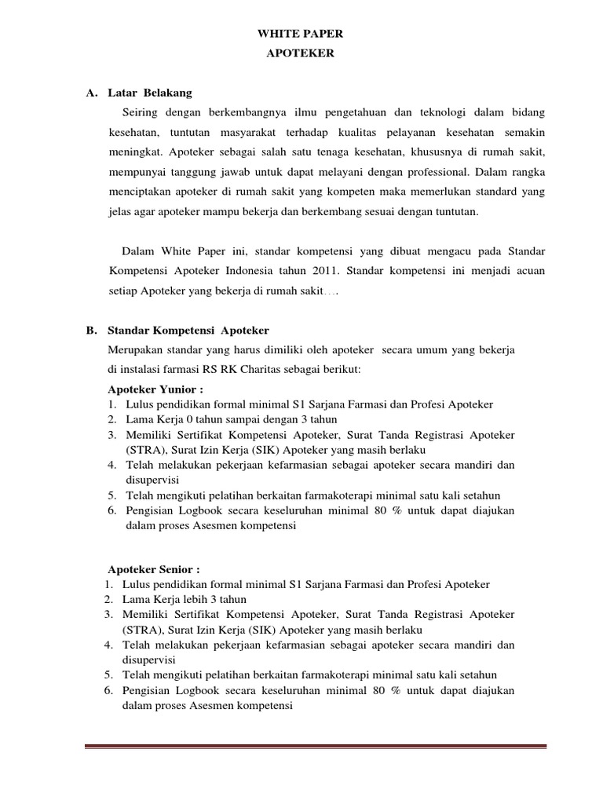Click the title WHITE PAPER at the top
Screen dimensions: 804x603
click(301, 35)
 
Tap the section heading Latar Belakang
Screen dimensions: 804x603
click(149, 93)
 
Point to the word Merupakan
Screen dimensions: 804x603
click(137, 349)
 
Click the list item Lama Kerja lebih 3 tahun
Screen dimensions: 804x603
click(180, 600)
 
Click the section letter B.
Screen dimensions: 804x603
click(91, 330)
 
